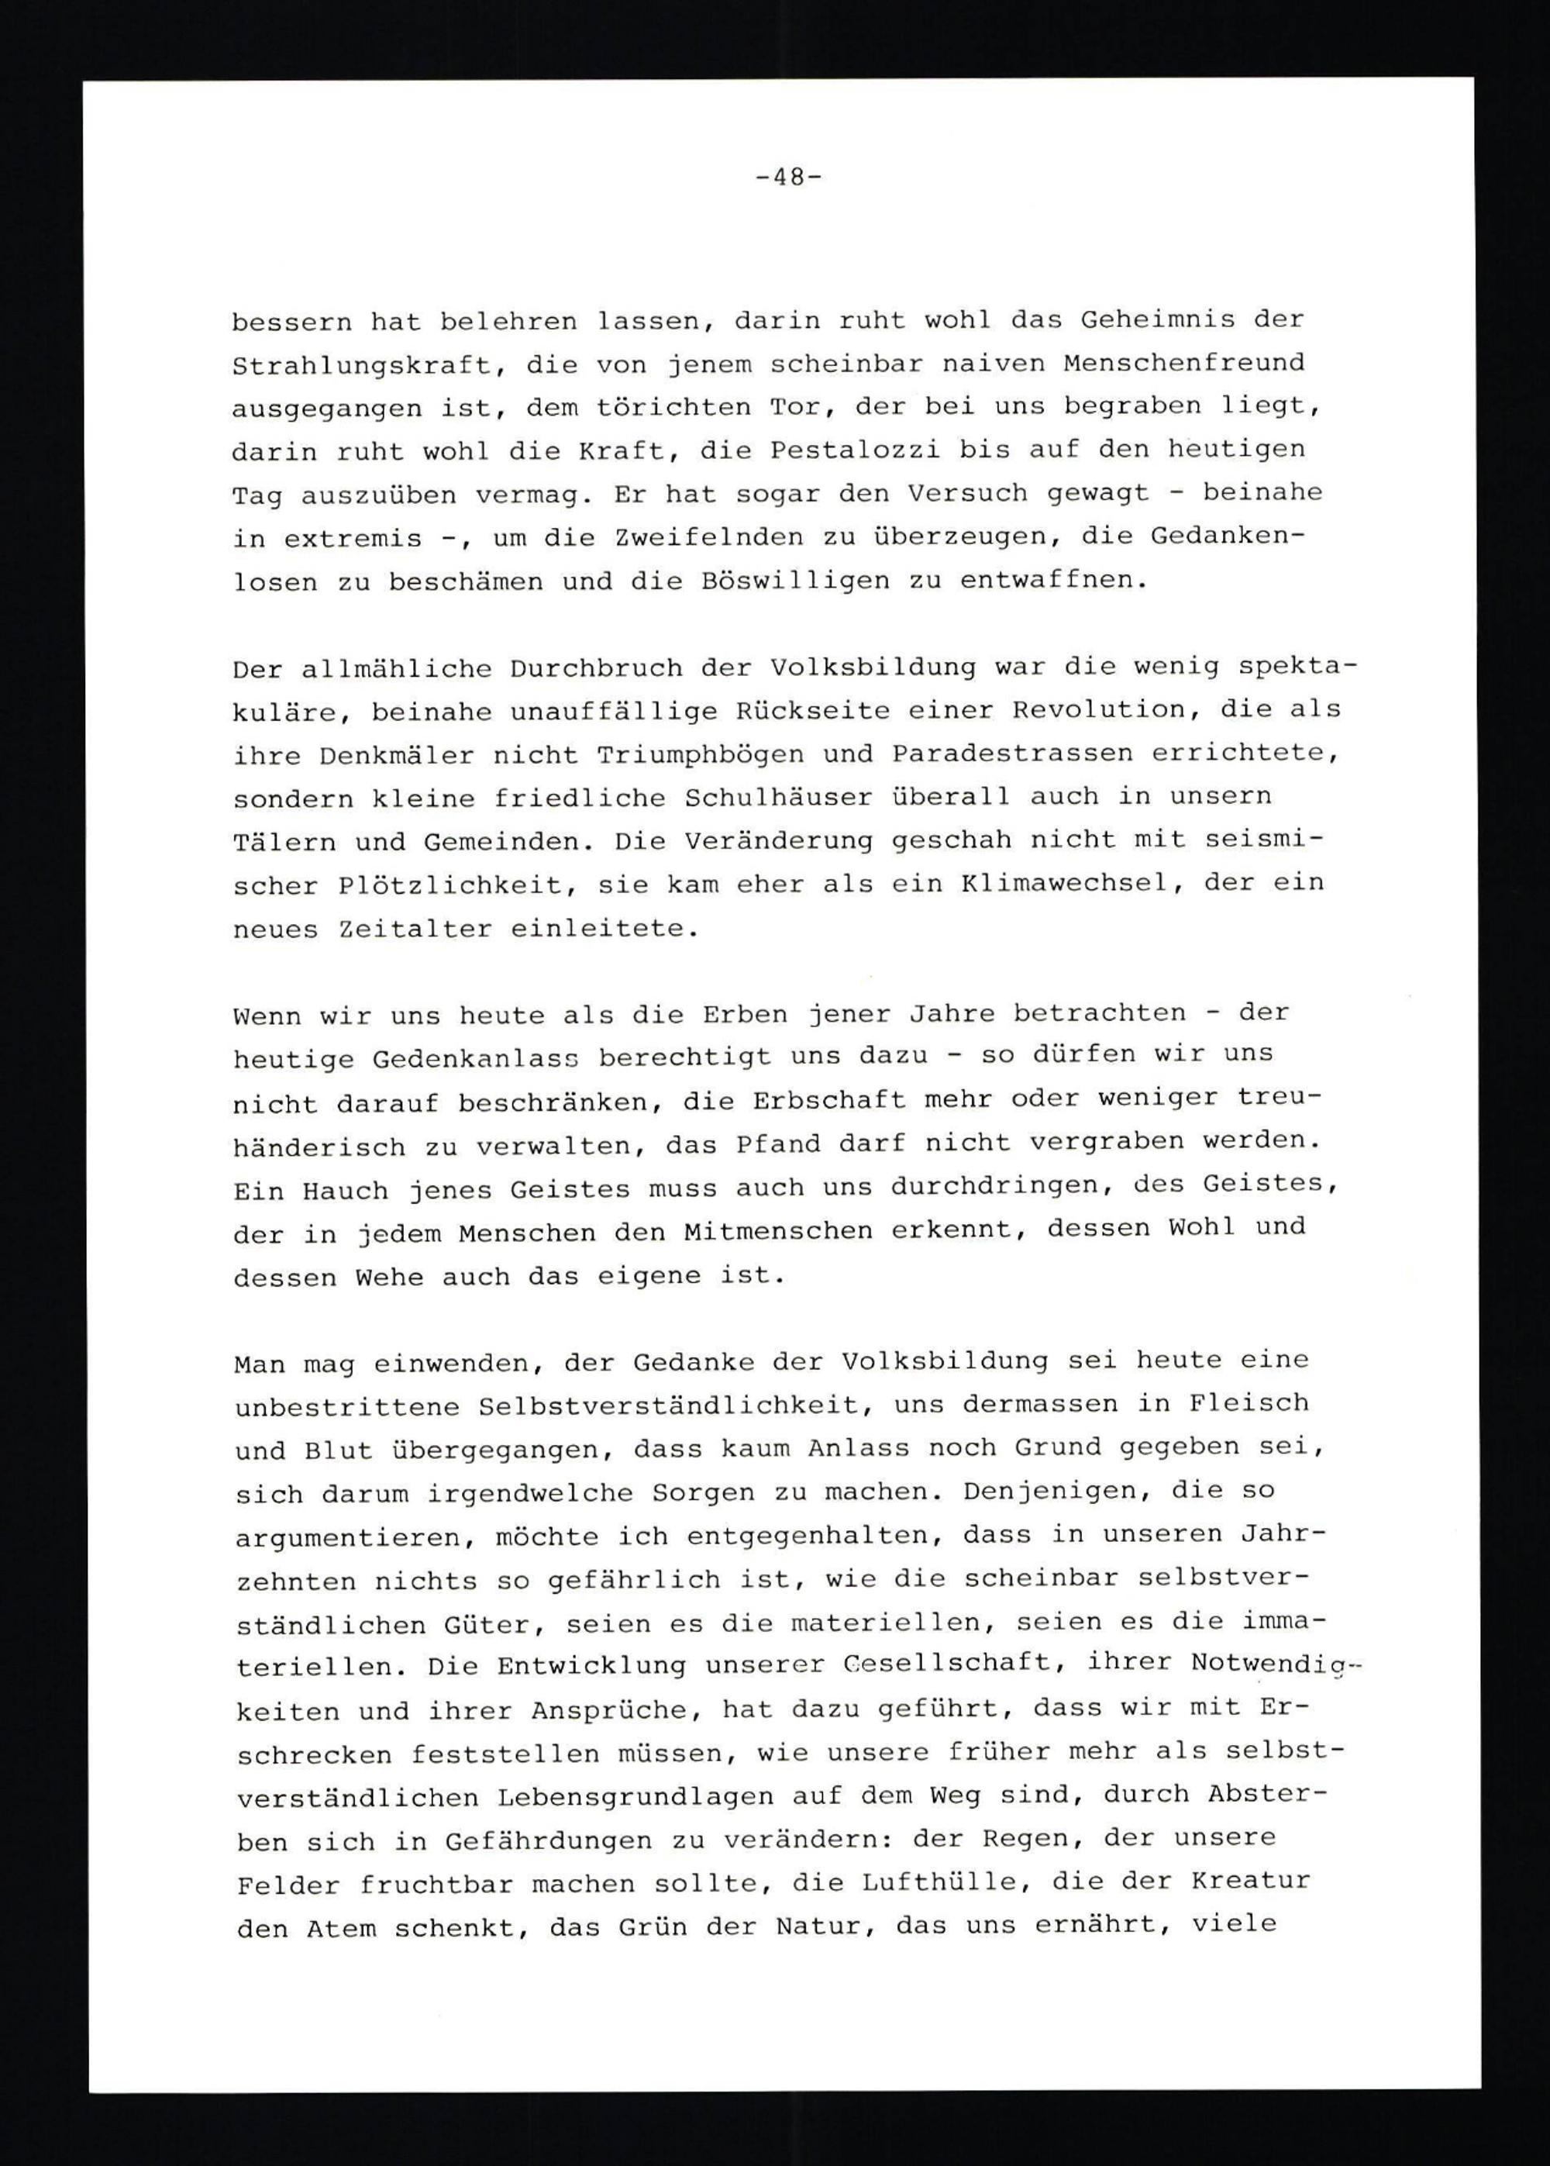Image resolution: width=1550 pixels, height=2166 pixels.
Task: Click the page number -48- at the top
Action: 787,178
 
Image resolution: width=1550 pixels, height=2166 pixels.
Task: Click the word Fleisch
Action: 1248,1403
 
